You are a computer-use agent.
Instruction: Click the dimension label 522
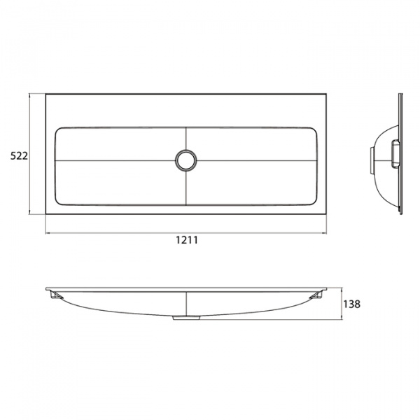[19, 155]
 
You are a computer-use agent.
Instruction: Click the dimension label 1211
[187, 240]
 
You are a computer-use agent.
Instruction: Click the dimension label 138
[351, 304]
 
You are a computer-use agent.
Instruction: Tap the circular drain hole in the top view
[186, 160]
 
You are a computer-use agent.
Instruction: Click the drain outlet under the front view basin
[186, 318]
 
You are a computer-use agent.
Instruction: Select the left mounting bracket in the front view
[56, 295]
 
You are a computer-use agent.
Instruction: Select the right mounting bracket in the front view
[316, 295]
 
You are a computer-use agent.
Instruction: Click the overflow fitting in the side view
[395, 155]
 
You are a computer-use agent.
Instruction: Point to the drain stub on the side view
[372, 160]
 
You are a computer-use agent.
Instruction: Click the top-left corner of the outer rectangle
[45, 94]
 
